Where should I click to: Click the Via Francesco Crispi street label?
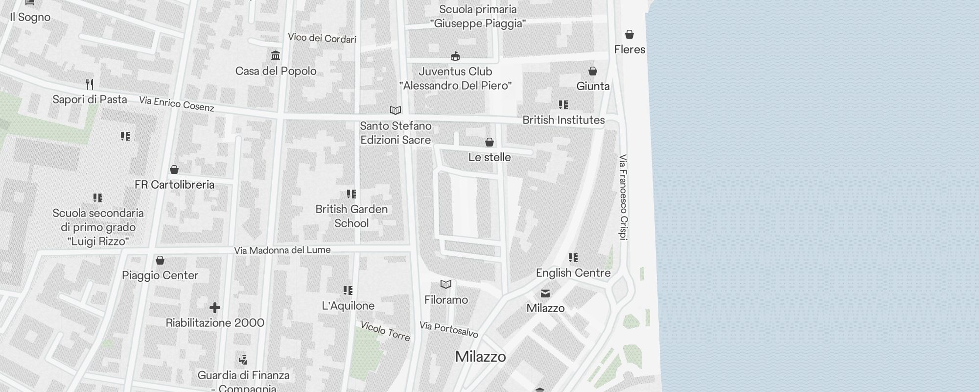tap(623, 197)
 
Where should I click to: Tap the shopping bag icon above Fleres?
tap(629, 34)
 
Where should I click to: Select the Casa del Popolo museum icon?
tap(276, 55)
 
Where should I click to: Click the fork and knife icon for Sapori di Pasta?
tap(90, 84)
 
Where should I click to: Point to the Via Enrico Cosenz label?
tap(177, 104)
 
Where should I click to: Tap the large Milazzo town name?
tap(480, 357)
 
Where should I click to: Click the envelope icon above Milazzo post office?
tap(545, 294)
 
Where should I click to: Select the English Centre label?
tap(573, 273)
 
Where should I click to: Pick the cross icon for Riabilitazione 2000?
tap(214, 308)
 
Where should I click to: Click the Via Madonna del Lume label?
tap(282, 250)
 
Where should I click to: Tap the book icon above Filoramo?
tap(446, 284)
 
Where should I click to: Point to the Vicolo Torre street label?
tap(385, 331)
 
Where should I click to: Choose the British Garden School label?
tap(351, 216)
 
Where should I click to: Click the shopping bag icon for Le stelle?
tap(489, 142)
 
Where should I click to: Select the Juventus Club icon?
tap(455, 56)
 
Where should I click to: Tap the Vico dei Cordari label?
tap(322, 38)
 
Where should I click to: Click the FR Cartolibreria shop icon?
tap(174, 170)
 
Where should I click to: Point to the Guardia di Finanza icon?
tap(243, 360)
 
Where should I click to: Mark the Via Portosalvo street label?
tap(448, 330)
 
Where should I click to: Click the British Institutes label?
tap(563, 120)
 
